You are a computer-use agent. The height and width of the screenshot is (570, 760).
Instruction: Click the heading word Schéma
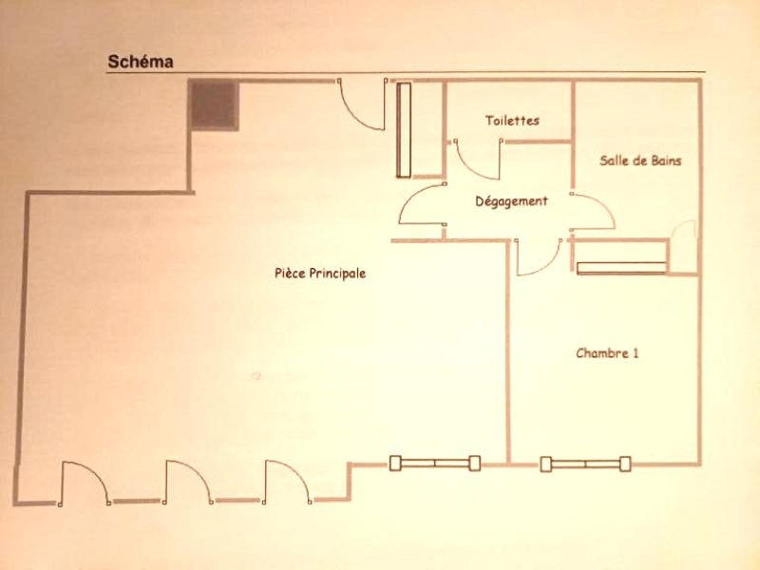tap(141, 62)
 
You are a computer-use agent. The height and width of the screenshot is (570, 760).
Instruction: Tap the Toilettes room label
tap(512, 121)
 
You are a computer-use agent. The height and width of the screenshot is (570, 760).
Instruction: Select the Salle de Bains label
tap(640, 161)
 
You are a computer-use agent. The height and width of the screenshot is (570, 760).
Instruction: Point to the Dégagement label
tap(511, 201)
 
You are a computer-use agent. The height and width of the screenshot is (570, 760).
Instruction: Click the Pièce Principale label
tap(320, 274)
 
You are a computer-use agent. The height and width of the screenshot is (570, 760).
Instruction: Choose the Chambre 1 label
tap(607, 352)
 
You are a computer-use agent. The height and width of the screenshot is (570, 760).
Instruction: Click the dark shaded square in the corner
tap(214, 105)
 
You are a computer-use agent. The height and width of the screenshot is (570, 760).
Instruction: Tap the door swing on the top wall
tap(362, 104)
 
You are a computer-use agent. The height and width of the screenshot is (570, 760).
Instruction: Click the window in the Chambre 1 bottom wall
tap(585, 464)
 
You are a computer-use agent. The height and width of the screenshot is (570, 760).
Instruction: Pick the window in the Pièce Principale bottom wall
tap(435, 464)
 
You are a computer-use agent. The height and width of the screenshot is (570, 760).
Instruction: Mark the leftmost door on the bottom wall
tap(85, 484)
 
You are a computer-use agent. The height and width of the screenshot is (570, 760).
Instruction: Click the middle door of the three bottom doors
tap(188, 483)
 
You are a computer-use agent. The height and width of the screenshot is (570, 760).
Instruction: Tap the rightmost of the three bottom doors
tap(288, 483)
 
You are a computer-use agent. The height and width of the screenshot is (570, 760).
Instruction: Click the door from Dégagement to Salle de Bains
tap(593, 212)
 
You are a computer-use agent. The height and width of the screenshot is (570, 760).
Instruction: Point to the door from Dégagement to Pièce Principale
tap(422, 204)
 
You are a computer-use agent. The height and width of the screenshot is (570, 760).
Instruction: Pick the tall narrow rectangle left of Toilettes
tap(404, 130)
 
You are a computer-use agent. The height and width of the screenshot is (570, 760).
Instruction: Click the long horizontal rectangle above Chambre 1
tap(622, 268)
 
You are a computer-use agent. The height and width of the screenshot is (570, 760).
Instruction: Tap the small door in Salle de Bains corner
tap(682, 247)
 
